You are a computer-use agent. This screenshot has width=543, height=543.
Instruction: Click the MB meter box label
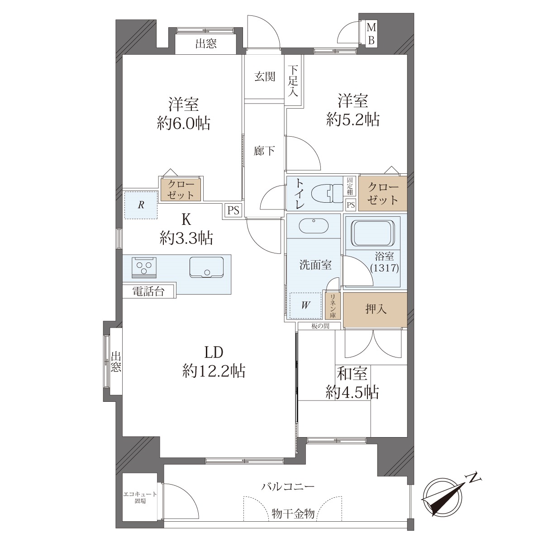click(x=371, y=34)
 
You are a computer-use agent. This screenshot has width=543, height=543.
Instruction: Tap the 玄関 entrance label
click(x=265, y=76)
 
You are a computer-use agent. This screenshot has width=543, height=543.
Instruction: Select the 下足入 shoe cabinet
click(x=294, y=81)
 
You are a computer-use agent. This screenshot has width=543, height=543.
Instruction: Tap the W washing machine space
click(x=305, y=305)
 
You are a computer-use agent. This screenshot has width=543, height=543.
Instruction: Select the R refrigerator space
click(x=141, y=205)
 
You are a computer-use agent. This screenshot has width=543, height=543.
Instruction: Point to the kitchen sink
click(x=206, y=267)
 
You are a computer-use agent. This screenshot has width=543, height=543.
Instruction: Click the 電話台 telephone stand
click(x=149, y=291)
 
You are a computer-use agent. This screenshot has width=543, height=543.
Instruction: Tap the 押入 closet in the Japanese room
click(x=375, y=310)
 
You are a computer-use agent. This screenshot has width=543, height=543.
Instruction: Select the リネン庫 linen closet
click(x=333, y=306)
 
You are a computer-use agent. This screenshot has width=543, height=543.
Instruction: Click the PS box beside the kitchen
click(x=233, y=210)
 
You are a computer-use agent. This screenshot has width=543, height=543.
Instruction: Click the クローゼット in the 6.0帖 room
click(x=181, y=189)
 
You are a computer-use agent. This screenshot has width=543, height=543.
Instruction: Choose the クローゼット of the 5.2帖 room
click(x=383, y=194)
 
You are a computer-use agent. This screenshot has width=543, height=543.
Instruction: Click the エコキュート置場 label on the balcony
click(x=140, y=498)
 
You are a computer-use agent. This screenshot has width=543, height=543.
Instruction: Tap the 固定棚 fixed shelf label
click(x=350, y=186)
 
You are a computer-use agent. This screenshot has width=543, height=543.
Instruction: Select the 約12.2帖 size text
click(x=214, y=371)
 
